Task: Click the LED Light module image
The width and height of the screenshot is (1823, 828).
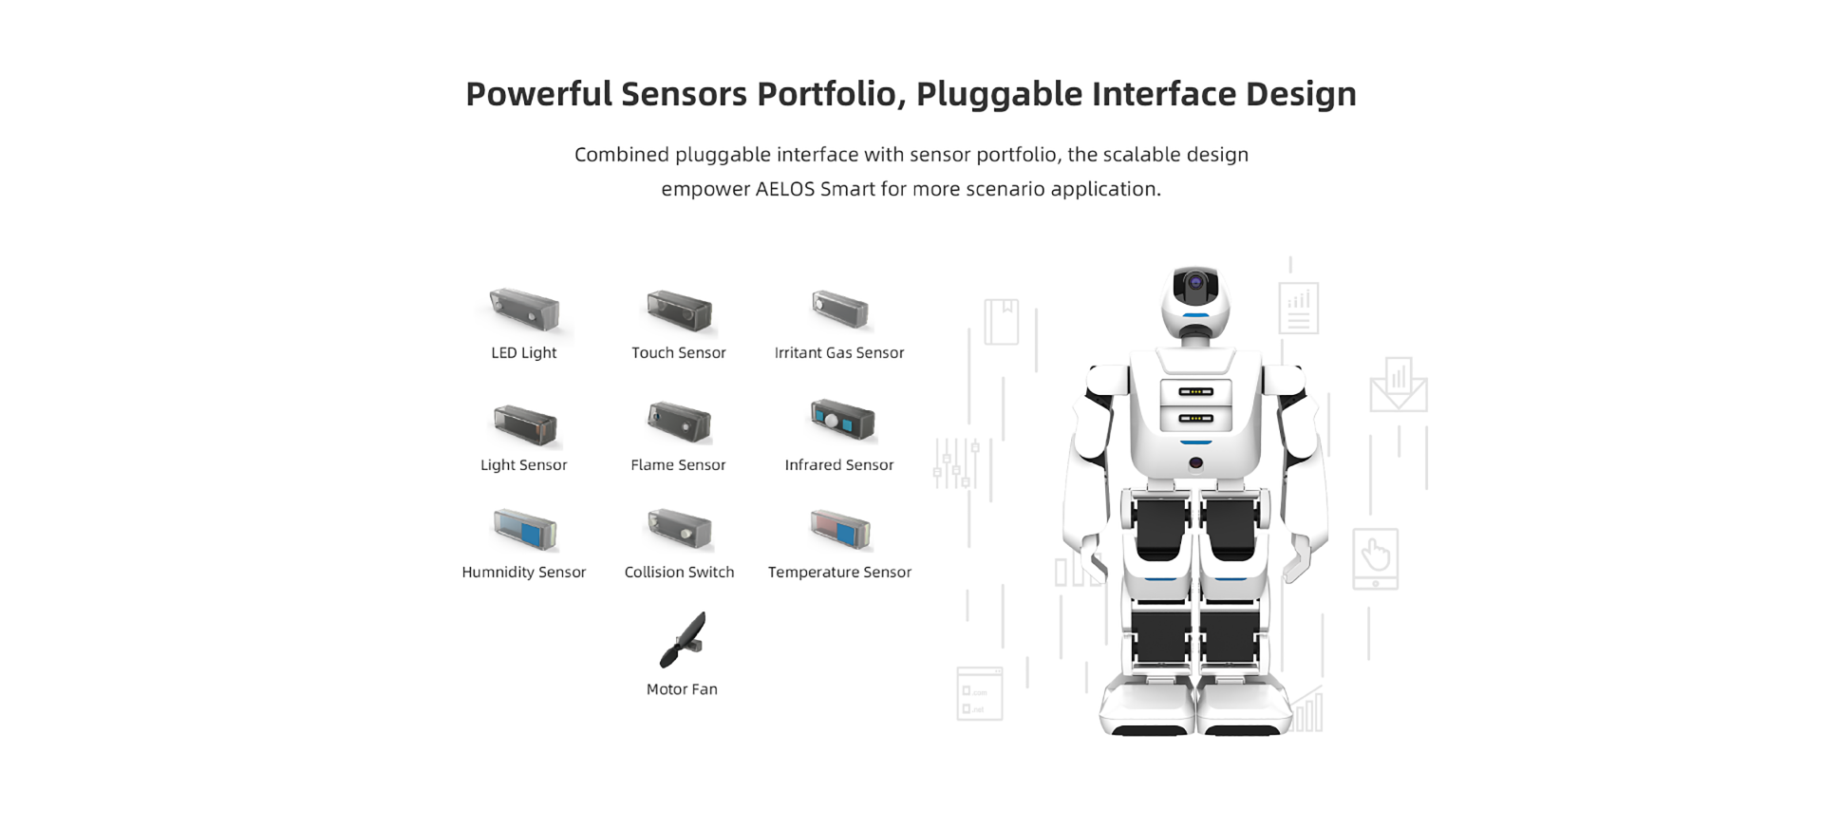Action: (x=525, y=310)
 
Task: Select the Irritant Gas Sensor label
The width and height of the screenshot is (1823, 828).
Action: (x=839, y=353)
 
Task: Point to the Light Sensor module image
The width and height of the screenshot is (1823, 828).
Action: (x=525, y=424)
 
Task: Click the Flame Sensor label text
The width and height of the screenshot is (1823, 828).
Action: (x=678, y=465)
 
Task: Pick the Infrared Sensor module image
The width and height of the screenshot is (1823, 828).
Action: (x=842, y=420)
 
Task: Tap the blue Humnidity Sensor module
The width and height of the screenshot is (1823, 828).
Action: (x=525, y=530)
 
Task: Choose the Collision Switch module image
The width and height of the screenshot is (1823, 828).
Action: (x=680, y=529)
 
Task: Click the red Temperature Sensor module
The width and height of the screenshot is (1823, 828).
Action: (x=840, y=529)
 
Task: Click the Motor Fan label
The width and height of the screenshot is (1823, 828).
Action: (x=682, y=689)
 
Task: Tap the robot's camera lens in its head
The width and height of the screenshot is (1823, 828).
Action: (x=1195, y=282)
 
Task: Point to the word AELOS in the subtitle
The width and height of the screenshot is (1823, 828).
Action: (x=785, y=189)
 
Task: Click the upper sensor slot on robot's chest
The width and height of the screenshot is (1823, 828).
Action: (x=1195, y=391)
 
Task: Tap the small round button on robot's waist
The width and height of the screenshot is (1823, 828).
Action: (x=1195, y=463)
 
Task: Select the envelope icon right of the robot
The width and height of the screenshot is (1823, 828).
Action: (x=1398, y=386)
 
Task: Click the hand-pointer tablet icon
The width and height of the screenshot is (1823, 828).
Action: (x=1375, y=558)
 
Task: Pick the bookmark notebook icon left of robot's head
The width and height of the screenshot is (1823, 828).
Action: (x=1001, y=321)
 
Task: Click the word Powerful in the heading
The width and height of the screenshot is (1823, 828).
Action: (x=538, y=94)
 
